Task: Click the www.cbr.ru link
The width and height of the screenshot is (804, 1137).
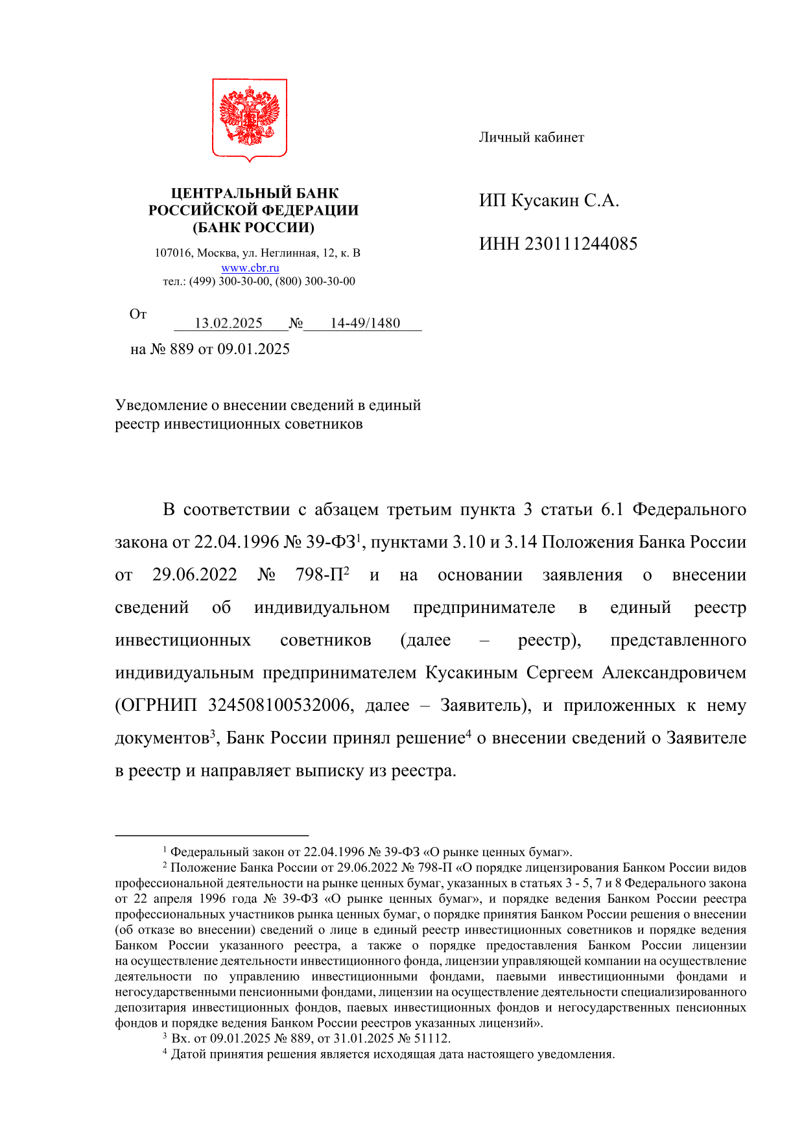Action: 250,268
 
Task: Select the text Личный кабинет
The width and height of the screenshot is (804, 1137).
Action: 531,138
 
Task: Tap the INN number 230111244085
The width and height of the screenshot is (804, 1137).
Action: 580,244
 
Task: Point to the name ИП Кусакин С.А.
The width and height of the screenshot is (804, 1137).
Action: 549,200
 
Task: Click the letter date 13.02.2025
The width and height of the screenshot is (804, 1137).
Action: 228,323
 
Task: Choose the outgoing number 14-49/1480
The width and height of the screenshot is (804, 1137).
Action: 365,323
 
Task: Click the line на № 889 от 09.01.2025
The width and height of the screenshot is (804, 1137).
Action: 209,350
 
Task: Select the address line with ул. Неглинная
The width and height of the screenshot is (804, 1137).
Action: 257,253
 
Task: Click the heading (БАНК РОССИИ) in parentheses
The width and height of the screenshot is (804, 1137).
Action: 253,228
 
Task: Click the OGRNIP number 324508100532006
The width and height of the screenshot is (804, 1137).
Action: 279,706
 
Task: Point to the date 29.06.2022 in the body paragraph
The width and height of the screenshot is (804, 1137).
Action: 195,575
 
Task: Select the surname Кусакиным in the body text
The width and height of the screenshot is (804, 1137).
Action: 471,673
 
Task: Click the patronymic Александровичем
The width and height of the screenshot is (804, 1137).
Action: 674,673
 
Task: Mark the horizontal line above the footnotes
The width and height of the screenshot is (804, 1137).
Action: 211,836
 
